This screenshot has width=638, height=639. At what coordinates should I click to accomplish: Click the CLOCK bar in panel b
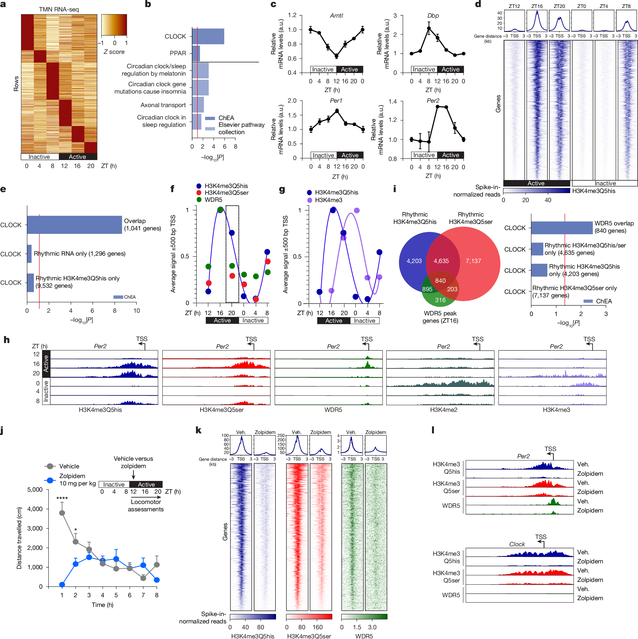tap(208, 36)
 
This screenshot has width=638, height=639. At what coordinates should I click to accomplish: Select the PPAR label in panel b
tap(178, 53)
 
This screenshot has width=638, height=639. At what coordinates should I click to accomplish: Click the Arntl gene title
tap(336, 16)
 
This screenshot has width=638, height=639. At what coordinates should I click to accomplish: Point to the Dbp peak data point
tap(428, 29)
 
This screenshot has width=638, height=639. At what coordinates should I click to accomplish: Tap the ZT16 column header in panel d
tap(537, 6)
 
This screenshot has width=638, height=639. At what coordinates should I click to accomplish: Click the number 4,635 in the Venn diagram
tap(441, 261)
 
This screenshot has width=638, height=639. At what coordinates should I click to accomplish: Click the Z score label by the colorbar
tap(114, 52)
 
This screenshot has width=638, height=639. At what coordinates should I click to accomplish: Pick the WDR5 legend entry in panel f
tap(213, 200)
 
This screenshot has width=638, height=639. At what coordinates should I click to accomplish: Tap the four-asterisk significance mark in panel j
tap(62, 498)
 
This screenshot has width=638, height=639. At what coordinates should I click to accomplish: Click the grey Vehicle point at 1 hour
tap(62, 513)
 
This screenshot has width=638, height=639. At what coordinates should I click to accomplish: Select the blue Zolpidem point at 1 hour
tap(62, 585)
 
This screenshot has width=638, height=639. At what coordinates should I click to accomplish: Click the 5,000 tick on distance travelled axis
tap(35, 490)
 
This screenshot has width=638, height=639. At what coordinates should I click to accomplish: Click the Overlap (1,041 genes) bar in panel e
tap(74, 225)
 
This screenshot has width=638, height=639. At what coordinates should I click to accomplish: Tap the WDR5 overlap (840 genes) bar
tap(561, 228)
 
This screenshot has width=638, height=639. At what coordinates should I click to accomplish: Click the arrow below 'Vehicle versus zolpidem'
tap(133, 475)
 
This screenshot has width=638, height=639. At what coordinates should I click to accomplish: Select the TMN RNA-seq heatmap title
tap(59, 9)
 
